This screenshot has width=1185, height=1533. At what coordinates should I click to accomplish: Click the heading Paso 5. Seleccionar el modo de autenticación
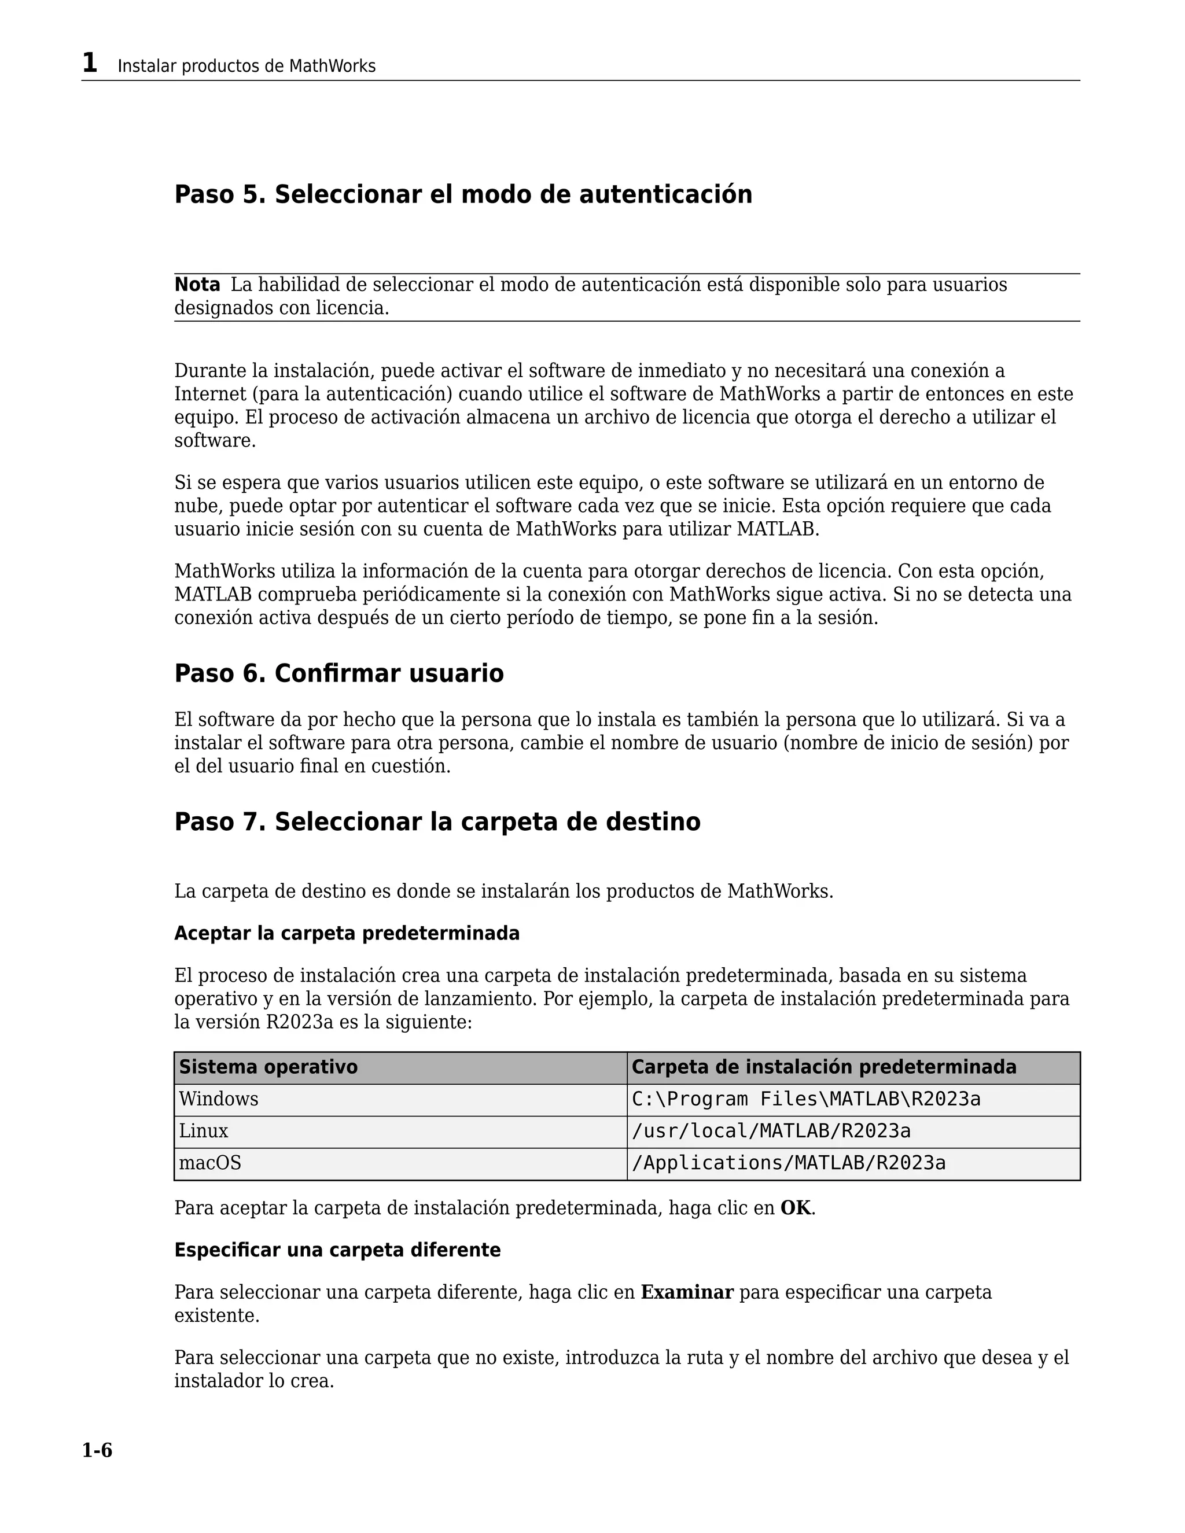pos(463,194)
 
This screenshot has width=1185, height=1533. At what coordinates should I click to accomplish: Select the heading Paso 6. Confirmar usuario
pos(338,673)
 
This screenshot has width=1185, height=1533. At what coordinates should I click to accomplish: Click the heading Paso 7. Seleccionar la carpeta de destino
pos(437,821)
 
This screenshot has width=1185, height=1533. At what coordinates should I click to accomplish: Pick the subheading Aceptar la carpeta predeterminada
pos(347,934)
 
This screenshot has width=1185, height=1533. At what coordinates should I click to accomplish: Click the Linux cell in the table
pos(204,1131)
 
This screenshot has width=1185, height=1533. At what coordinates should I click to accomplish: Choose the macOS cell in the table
pos(210,1163)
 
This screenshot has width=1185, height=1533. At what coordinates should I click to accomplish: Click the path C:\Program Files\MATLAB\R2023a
pos(805,1099)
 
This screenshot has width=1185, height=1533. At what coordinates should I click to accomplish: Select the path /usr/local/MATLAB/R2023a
pos(771,1131)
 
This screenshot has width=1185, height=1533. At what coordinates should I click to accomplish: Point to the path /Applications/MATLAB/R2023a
pos(789,1163)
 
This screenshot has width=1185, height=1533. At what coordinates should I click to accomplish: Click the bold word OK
pos(796,1208)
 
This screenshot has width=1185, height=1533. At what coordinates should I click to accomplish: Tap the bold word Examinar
pos(687,1292)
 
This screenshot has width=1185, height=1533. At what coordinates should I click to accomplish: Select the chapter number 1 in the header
pos(89,63)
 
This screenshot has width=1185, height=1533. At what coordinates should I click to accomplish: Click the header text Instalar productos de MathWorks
pos(246,67)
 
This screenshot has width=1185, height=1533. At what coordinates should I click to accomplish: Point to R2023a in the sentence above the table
pos(300,1022)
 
